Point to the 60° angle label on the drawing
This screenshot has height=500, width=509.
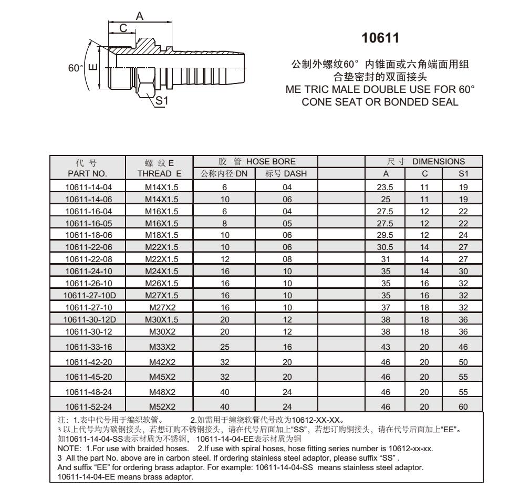(76, 69)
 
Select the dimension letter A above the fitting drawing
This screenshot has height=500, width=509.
(139, 16)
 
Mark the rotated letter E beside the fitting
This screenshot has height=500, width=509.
(92, 68)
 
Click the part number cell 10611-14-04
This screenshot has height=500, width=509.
(88, 186)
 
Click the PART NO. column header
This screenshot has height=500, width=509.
(88, 173)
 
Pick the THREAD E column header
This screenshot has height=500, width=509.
(159, 173)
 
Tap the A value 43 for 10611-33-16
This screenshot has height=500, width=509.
(386, 347)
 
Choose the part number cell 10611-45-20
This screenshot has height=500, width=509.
(88, 377)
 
